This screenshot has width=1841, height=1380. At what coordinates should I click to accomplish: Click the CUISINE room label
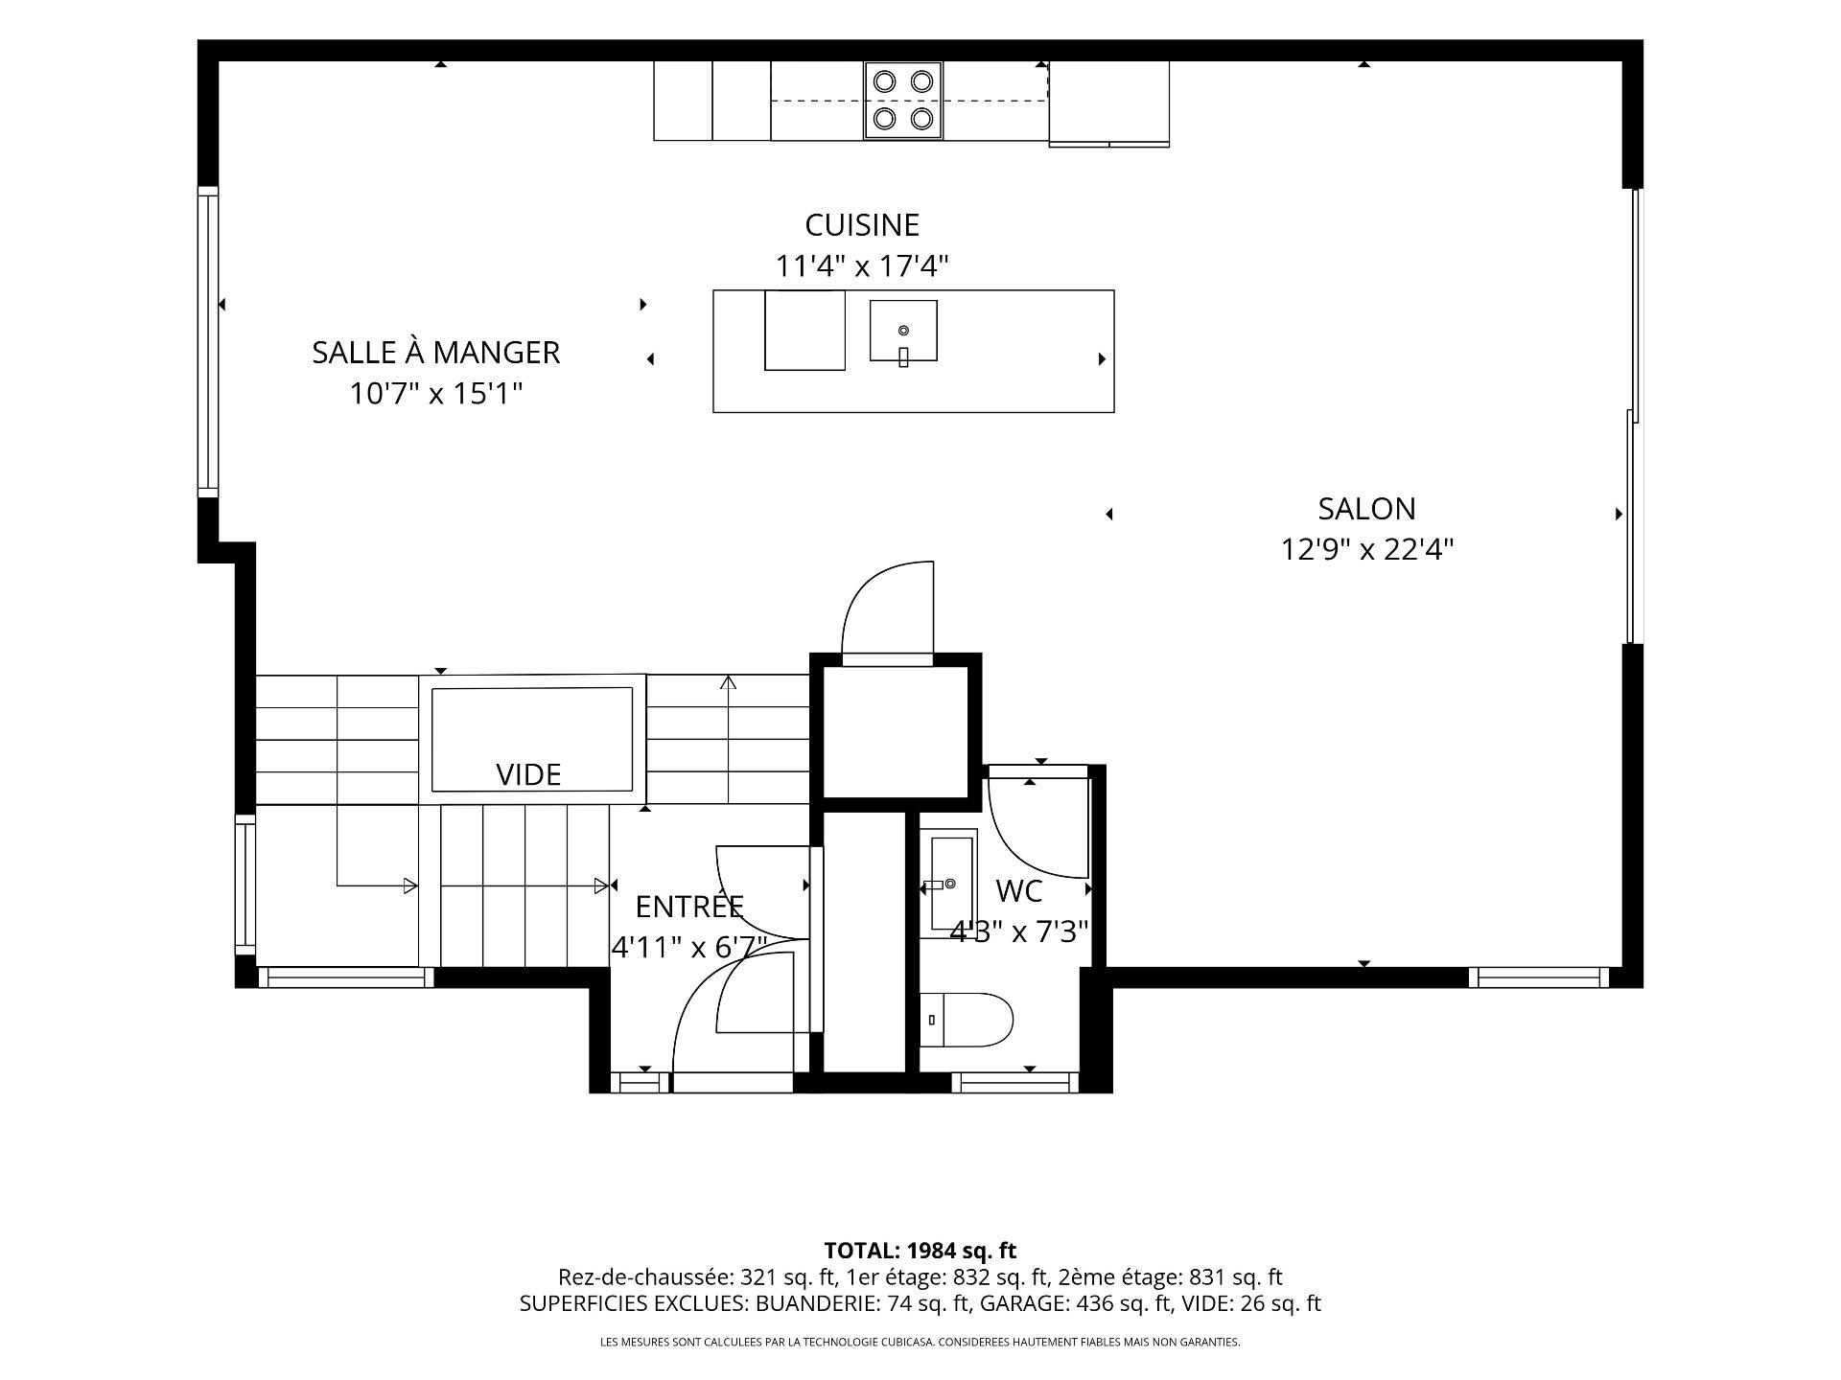862,225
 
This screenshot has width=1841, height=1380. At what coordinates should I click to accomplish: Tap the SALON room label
1366,509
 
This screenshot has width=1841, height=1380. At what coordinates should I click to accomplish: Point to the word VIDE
528,774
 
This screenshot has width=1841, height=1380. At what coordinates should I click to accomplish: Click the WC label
1019,891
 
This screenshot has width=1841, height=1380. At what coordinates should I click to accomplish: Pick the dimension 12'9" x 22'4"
1368,550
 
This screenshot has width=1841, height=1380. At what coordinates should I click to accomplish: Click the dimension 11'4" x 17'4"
862,265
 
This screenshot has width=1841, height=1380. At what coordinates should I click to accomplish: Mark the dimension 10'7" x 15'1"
436,393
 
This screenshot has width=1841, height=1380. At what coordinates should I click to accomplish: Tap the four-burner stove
903,101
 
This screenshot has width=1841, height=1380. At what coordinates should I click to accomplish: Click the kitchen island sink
903,331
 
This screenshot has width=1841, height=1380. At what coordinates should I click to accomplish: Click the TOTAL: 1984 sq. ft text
920,1251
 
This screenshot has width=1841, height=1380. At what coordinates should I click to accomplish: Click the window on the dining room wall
208,342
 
